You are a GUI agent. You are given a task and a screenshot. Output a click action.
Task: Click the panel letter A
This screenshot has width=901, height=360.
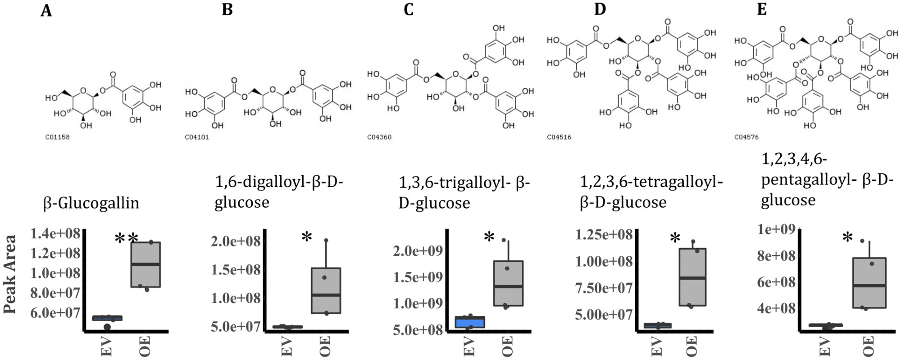pyautogui.click(x=46, y=10)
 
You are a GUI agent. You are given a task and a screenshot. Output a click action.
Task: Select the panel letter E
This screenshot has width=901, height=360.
pyautogui.click(x=762, y=9)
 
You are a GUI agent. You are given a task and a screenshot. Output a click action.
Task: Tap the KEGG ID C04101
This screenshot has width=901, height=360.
pyautogui.click(x=197, y=137)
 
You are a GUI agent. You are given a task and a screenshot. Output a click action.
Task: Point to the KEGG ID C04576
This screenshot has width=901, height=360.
pyautogui.click(x=746, y=137)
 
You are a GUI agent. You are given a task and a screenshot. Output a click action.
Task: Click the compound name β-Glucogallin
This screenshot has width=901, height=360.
pyautogui.click(x=91, y=203)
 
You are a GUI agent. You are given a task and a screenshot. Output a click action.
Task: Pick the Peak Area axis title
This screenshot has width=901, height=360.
pyautogui.click(x=10, y=274)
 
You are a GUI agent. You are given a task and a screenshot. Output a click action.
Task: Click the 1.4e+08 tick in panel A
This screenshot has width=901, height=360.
pyautogui.click(x=55, y=233)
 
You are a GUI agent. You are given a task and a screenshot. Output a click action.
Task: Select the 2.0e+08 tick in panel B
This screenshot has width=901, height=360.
pyautogui.click(x=236, y=241)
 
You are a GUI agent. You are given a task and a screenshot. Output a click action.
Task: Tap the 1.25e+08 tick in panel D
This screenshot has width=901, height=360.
pyautogui.click(x=604, y=234)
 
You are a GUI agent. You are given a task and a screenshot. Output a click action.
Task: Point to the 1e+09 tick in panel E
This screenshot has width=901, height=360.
pyautogui.click(x=776, y=229)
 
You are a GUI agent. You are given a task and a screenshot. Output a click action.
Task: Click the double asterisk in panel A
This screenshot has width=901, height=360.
pyautogui.click(x=126, y=239)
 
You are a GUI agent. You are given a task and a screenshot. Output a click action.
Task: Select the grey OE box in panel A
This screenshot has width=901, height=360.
pyautogui.click(x=146, y=264)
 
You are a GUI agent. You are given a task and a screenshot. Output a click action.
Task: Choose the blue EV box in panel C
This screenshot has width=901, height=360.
pyautogui.click(x=470, y=322)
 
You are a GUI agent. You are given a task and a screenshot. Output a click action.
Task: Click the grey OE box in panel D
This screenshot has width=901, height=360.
pyautogui.click(x=692, y=277)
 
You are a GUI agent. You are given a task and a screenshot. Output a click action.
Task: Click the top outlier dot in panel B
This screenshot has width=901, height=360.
pyautogui.click(x=326, y=241)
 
